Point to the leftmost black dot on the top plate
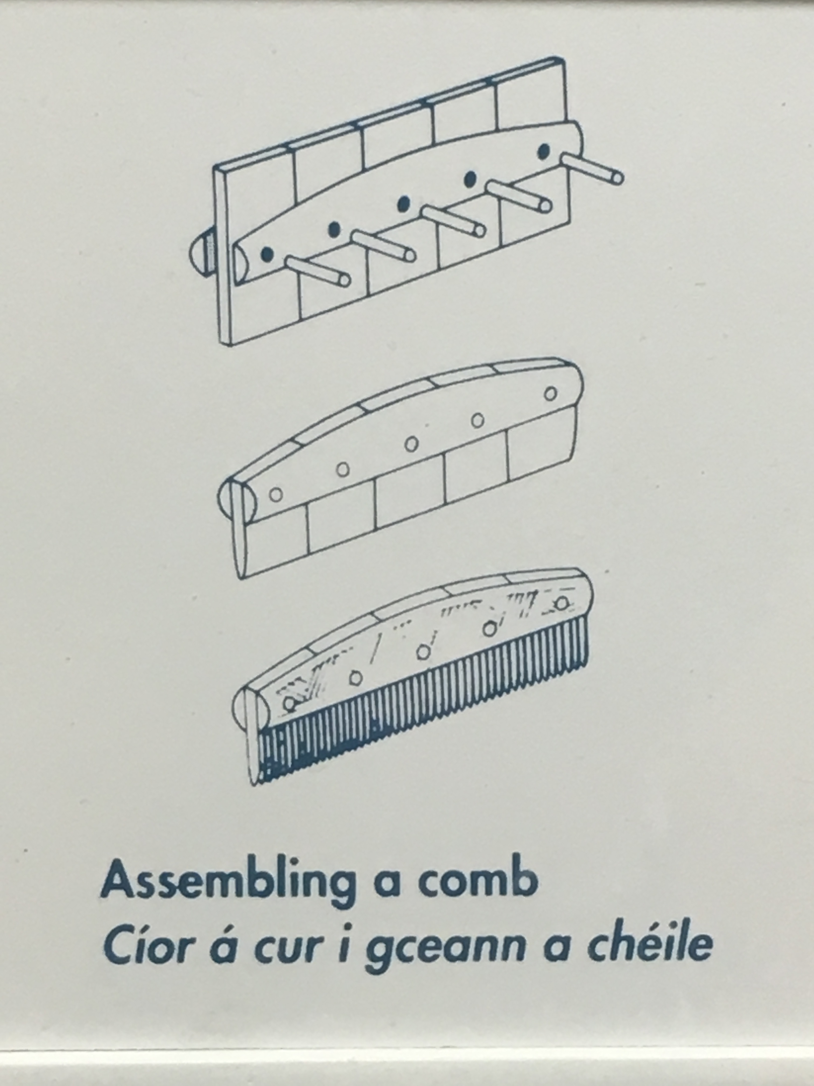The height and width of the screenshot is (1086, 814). (267, 254)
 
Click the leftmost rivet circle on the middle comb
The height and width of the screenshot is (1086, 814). (276, 495)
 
